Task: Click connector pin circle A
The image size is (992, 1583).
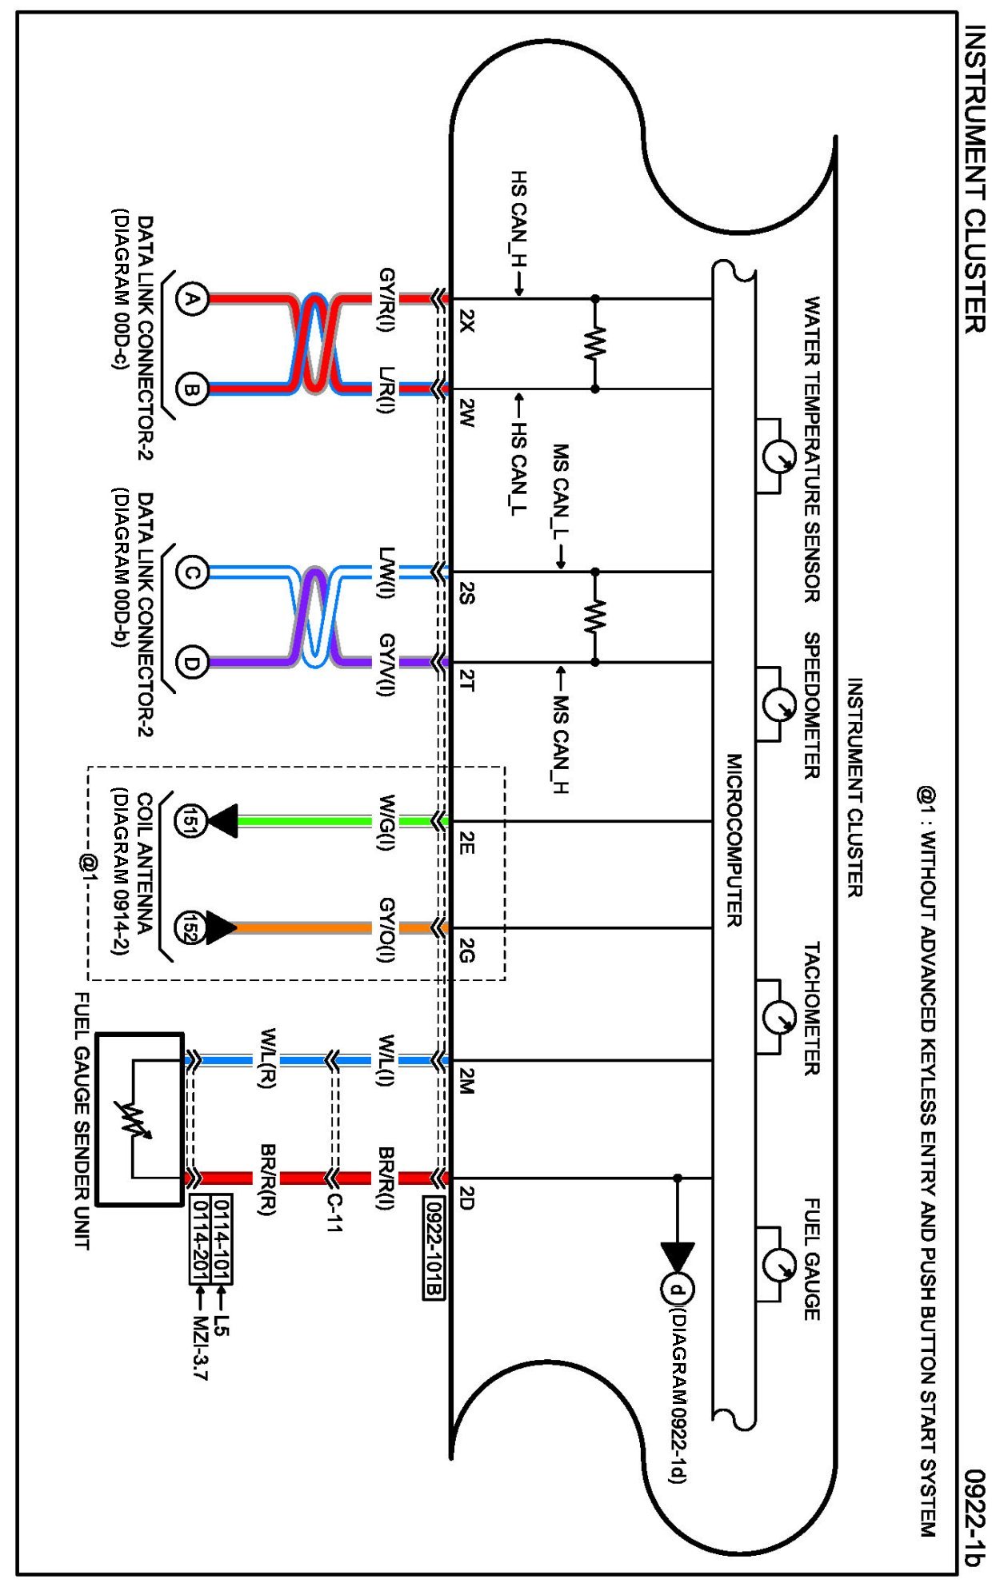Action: (191, 299)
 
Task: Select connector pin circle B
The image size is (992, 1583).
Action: (191, 389)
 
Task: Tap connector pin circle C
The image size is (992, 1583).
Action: (191, 572)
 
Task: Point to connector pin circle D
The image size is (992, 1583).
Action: (191, 663)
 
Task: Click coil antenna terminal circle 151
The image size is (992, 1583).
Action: (191, 821)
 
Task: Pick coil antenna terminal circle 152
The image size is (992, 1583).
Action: (191, 927)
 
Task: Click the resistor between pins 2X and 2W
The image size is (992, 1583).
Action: (594, 344)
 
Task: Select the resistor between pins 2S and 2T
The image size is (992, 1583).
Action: (594, 617)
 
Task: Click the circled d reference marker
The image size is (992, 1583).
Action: (678, 1289)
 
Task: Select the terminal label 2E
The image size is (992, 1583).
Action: (467, 842)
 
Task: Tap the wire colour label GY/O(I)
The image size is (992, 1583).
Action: (387, 929)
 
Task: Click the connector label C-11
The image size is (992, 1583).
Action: (334, 1213)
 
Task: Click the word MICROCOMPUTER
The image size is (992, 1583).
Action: (734, 839)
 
